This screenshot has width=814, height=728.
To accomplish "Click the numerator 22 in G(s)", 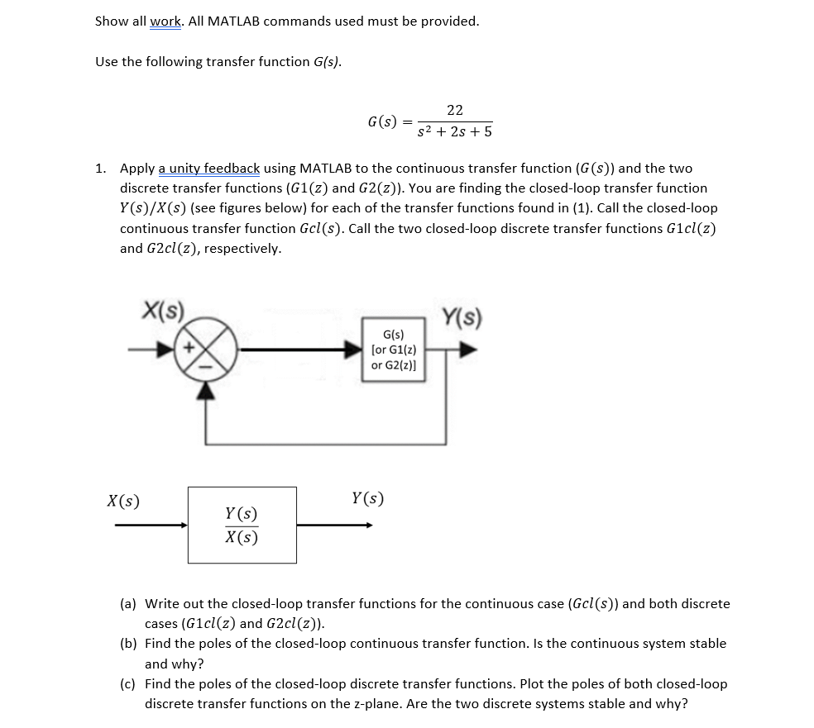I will click(x=454, y=110).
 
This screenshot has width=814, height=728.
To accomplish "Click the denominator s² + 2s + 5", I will click(x=454, y=132).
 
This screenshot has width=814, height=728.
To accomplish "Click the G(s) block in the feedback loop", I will click(x=394, y=350).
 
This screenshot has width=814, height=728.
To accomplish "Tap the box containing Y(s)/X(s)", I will click(x=242, y=525).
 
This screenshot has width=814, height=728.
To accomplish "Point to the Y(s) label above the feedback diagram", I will click(x=463, y=316).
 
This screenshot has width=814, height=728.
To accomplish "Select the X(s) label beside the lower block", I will click(x=123, y=501).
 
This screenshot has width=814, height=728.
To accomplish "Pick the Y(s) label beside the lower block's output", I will click(x=367, y=498).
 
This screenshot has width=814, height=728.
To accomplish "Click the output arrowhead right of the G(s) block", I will click(x=468, y=350).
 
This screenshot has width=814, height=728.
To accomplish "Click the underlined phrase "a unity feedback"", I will click(x=208, y=169).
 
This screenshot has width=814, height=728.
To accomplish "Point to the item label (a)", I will click(x=128, y=604).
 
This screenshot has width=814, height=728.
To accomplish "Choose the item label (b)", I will click(x=128, y=644).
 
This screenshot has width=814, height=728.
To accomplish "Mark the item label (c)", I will click(x=128, y=684).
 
